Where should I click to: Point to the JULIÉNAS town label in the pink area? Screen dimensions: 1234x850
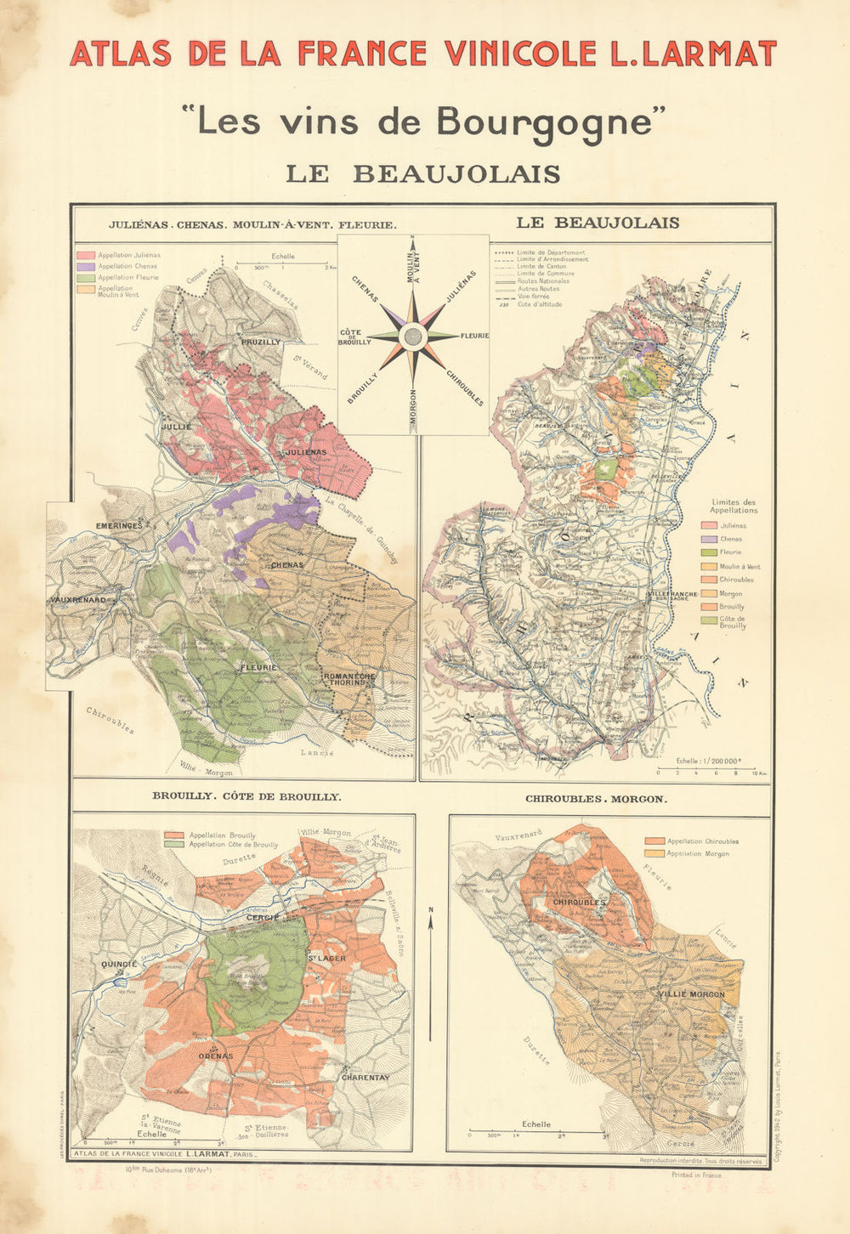[305, 452]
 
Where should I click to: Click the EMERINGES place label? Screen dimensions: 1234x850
[118, 526]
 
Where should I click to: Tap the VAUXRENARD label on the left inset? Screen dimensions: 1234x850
[76, 600]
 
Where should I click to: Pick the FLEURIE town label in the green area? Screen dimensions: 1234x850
[258, 668]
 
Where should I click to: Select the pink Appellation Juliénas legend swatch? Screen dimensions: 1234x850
[85, 255]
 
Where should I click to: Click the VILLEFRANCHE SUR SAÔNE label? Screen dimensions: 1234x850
[671, 596]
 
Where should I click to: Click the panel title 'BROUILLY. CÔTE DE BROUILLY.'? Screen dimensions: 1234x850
[246, 797]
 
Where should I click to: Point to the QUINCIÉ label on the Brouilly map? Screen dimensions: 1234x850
[119, 964]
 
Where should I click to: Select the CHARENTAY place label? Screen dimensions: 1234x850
[365, 1078]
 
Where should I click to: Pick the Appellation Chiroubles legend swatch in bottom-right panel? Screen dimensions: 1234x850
[654, 841]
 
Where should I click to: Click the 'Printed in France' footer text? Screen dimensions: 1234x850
[695, 1175]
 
